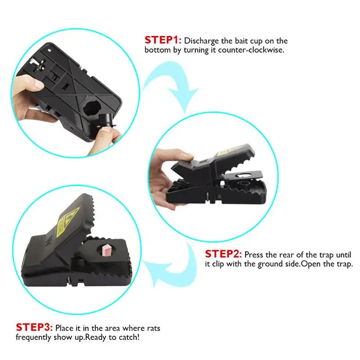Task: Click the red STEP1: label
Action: tap(162, 40)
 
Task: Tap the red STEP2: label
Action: tap(224, 254)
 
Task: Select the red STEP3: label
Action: tap(35, 328)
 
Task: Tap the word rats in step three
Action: tap(152, 328)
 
